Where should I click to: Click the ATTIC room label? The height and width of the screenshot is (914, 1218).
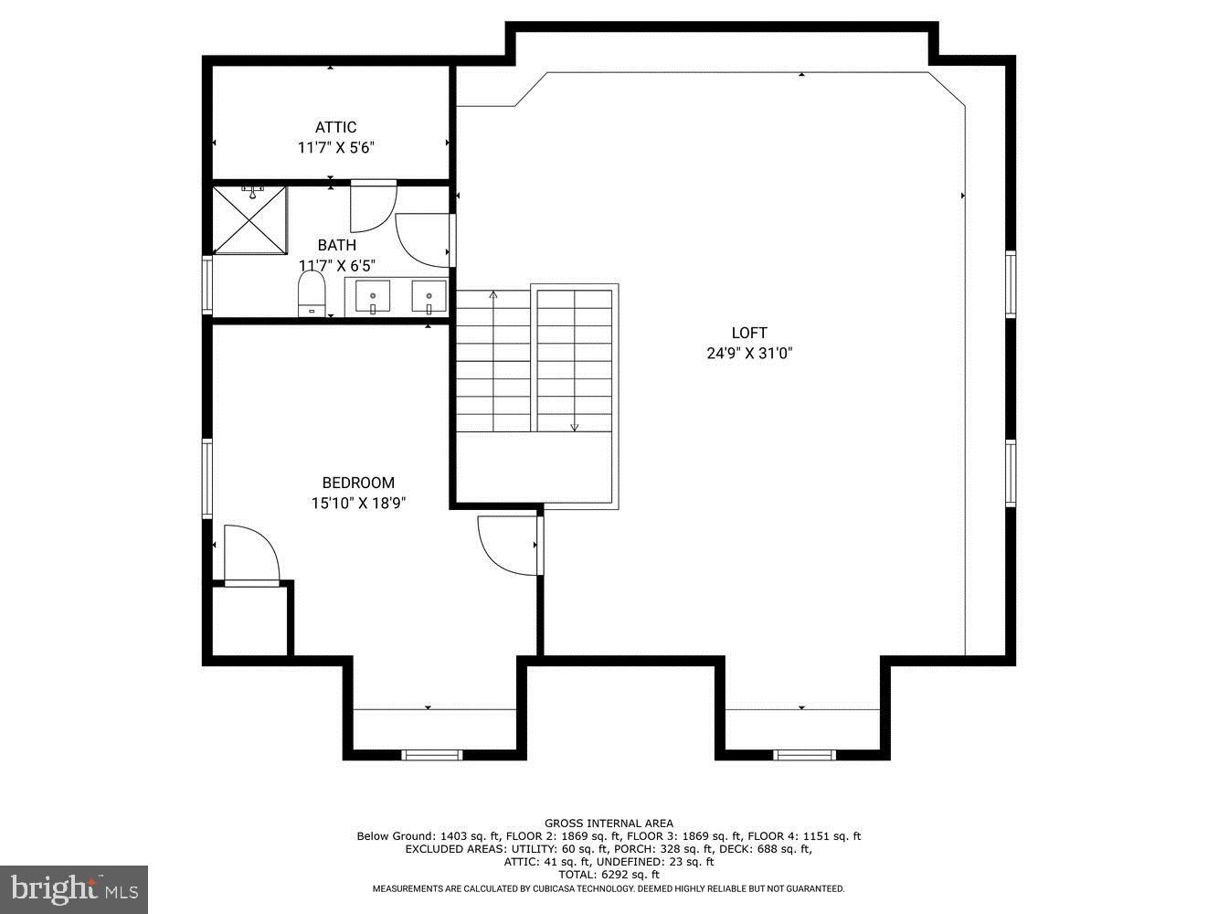click(x=335, y=127)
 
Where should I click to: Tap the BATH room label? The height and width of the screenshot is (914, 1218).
click(x=336, y=245)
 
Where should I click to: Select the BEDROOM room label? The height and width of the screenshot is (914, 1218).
click(x=358, y=483)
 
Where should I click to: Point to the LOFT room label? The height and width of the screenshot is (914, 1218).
click(x=749, y=333)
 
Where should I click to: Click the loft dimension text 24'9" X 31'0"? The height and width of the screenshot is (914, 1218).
click(x=749, y=354)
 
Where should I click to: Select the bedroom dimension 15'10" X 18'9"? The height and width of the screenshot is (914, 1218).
click(x=358, y=503)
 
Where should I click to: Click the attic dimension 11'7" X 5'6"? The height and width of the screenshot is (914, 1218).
click(x=335, y=147)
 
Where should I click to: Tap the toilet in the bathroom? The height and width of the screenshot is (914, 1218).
click(x=312, y=296)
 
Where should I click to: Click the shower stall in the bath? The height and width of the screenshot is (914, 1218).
click(x=249, y=219)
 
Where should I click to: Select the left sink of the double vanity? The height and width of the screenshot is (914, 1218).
click(x=373, y=298)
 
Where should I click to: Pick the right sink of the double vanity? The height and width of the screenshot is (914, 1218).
click(x=429, y=298)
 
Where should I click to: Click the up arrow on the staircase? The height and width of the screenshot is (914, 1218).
click(x=493, y=294)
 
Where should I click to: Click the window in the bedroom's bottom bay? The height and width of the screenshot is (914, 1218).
click(x=432, y=754)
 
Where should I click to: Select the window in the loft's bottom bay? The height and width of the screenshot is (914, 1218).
click(x=804, y=754)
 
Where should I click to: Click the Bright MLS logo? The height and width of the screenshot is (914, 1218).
click(x=73, y=887)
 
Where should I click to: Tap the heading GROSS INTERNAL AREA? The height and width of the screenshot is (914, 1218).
click(x=609, y=824)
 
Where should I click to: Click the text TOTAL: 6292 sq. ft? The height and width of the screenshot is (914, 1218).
click(x=609, y=875)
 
